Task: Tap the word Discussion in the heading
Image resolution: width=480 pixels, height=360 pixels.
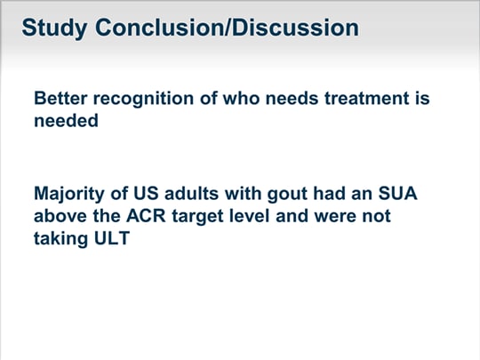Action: click(295, 28)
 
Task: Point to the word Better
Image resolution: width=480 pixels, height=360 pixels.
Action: click(60, 99)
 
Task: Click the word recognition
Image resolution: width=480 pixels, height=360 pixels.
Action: click(143, 100)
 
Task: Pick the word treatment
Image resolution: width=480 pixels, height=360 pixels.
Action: click(367, 99)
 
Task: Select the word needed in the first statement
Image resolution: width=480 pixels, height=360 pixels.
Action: click(66, 120)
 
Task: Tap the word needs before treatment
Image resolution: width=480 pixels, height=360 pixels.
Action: click(292, 99)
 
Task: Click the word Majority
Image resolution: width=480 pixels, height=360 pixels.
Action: click(69, 195)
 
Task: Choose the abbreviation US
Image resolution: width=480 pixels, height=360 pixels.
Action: click(146, 194)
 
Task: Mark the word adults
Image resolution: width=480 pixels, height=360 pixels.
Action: click(191, 194)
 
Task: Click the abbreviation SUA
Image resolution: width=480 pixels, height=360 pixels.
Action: click(397, 194)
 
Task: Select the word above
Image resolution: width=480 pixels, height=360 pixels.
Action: click(60, 216)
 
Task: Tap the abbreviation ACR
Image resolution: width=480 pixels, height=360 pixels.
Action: click(146, 216)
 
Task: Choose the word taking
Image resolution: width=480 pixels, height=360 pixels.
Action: click(61, 239)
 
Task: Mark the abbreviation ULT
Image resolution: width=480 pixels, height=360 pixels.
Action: click(112, 238)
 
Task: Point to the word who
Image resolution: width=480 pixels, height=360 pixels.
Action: click(241, 99)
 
